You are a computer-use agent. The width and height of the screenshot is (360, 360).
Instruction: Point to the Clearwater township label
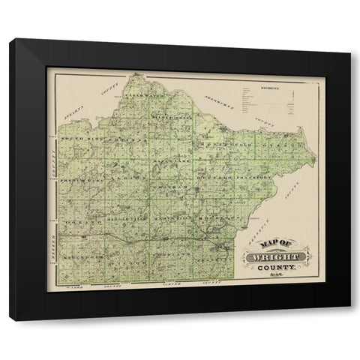[x=140, y=97]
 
